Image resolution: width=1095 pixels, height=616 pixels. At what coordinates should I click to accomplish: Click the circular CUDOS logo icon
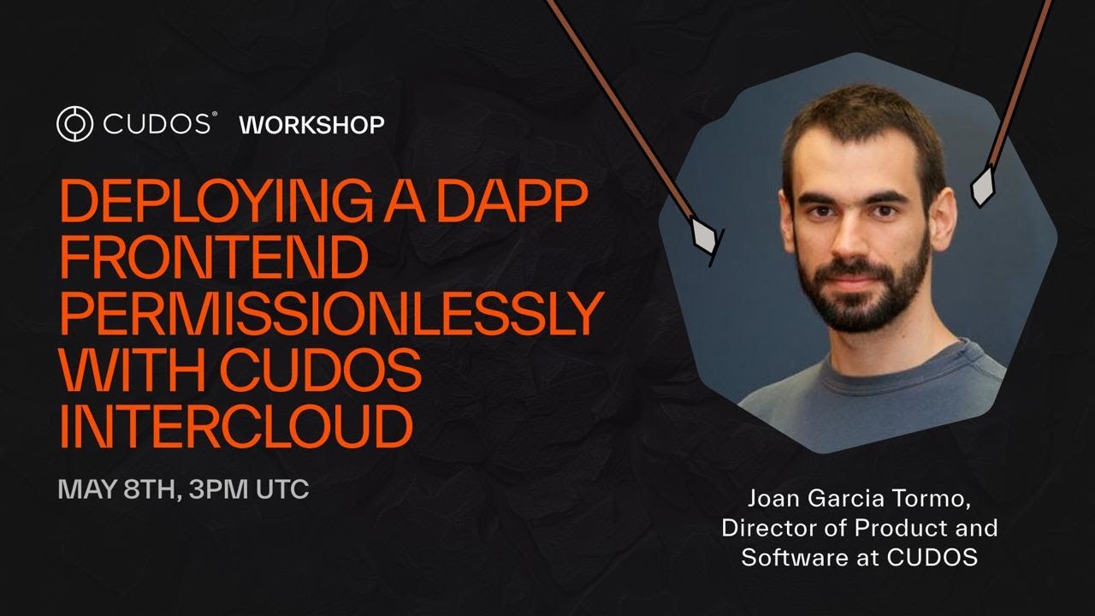(74, 124)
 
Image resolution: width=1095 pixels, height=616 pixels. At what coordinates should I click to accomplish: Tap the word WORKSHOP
(311, 125)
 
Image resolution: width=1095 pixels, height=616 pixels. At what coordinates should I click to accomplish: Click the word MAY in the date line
(86, 490)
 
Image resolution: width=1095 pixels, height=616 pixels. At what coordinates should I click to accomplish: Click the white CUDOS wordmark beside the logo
(158, 124)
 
